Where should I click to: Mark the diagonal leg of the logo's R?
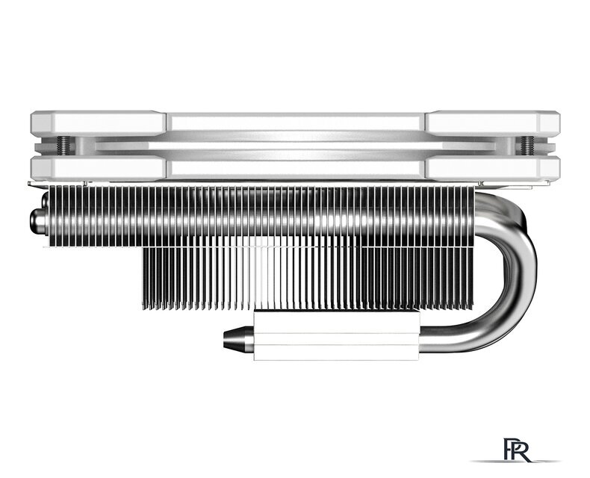click(529, 454)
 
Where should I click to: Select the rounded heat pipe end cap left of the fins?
click(35, 222)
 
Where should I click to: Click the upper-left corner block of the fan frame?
click(97, 122)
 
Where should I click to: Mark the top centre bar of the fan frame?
click(295, 122)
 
